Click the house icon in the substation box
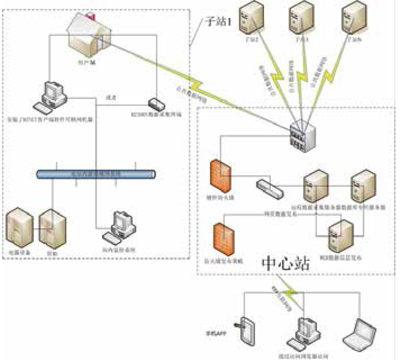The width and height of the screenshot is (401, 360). [x=88, y=36]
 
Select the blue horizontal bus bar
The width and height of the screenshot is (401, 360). [x=96, y=174]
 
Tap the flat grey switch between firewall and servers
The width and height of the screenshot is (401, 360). [x=270, y=188]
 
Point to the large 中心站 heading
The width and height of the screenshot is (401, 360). [x=286, y=264]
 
